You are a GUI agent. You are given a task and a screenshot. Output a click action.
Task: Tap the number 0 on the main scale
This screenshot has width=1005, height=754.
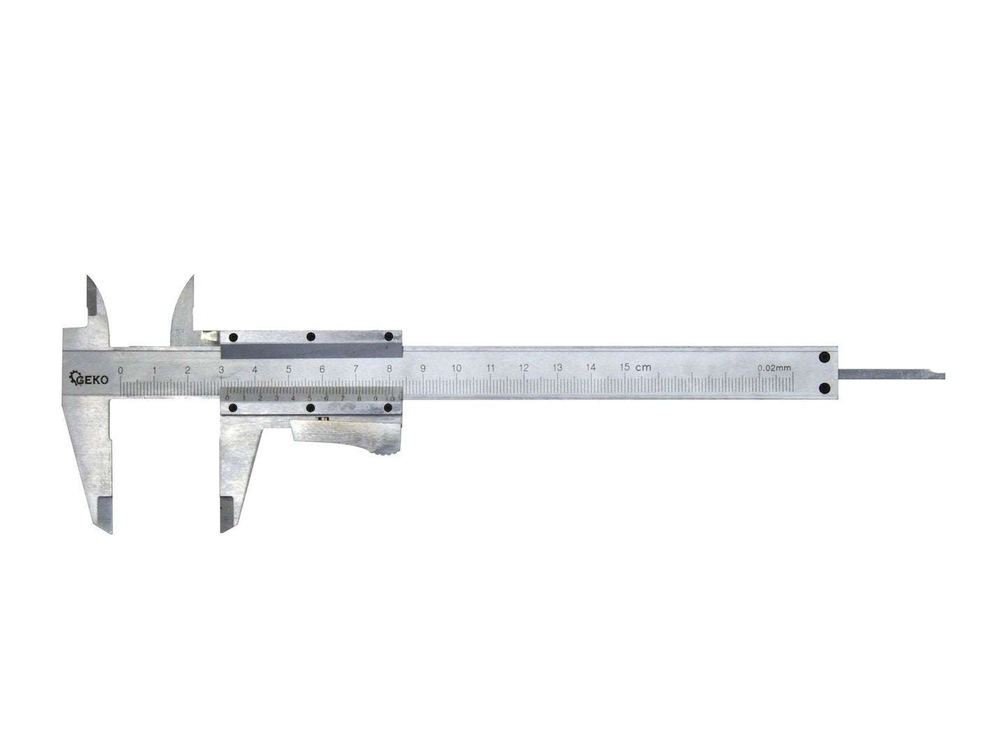coord(121,370)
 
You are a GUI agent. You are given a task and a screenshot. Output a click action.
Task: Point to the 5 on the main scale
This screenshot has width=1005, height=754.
coord(288,370)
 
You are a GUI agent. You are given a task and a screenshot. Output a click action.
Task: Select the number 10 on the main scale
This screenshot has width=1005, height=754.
coord(456,369)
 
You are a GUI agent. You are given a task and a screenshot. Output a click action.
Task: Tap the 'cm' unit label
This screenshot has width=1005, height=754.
coord(643,367)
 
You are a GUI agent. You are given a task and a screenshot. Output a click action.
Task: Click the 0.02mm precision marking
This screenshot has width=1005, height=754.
coord(774,367)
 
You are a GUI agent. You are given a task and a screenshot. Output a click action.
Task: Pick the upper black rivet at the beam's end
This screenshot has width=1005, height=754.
coord(824,357)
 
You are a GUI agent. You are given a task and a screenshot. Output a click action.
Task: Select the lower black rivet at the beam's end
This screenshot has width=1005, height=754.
coord(824,387)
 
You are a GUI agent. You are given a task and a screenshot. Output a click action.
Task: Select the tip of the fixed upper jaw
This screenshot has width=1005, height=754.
coord(90,279)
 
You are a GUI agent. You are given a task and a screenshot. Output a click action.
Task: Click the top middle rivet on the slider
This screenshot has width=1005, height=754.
coord(311,337)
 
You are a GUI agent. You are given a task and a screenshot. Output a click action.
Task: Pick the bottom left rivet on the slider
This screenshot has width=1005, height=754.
coord(233,408)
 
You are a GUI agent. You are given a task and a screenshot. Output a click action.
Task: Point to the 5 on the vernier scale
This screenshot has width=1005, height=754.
coord(309,398)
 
